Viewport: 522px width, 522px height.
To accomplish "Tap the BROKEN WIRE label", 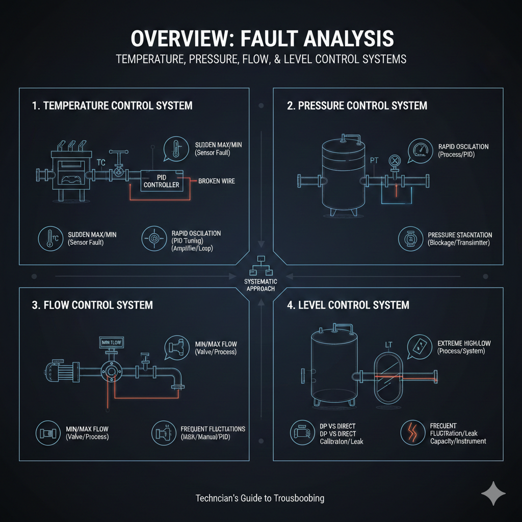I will pos(217,181).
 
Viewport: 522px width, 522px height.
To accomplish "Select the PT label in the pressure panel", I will pos(375,160).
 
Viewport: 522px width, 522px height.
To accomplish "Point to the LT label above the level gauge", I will pos(388,345).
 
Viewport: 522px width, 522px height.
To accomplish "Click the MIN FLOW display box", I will pos(113,342).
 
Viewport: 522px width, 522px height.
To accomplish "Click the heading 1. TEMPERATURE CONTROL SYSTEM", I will pos(112,106).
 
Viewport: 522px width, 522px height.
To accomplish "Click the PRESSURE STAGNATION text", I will pos(460,235).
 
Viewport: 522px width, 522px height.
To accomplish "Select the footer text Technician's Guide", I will pos(260,498).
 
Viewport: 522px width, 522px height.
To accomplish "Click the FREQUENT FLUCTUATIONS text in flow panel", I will pos(213,429).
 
